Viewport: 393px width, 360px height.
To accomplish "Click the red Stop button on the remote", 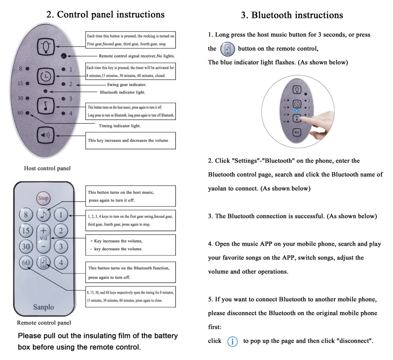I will coord(43,198).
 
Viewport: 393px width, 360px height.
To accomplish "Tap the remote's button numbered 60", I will coord(26,262).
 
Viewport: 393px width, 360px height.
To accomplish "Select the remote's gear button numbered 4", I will coord(61,262).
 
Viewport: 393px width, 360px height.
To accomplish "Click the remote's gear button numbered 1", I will coord(61,215).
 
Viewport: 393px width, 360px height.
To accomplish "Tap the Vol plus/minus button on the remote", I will coord(43,238).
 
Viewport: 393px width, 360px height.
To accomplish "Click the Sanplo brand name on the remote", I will coord(43,307).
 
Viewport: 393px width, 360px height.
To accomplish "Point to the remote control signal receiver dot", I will coord(64,56).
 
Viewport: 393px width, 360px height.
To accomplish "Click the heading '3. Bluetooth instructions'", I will coord(292,15).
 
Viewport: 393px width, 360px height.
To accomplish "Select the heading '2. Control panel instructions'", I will coord(105,15).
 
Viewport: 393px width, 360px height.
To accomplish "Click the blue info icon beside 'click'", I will coord(232,342).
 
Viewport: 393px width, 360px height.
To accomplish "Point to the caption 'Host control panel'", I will coord(47,168).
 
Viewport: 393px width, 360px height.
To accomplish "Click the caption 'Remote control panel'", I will coord(44,323).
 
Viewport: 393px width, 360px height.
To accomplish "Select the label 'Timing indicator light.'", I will coord(120,126).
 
